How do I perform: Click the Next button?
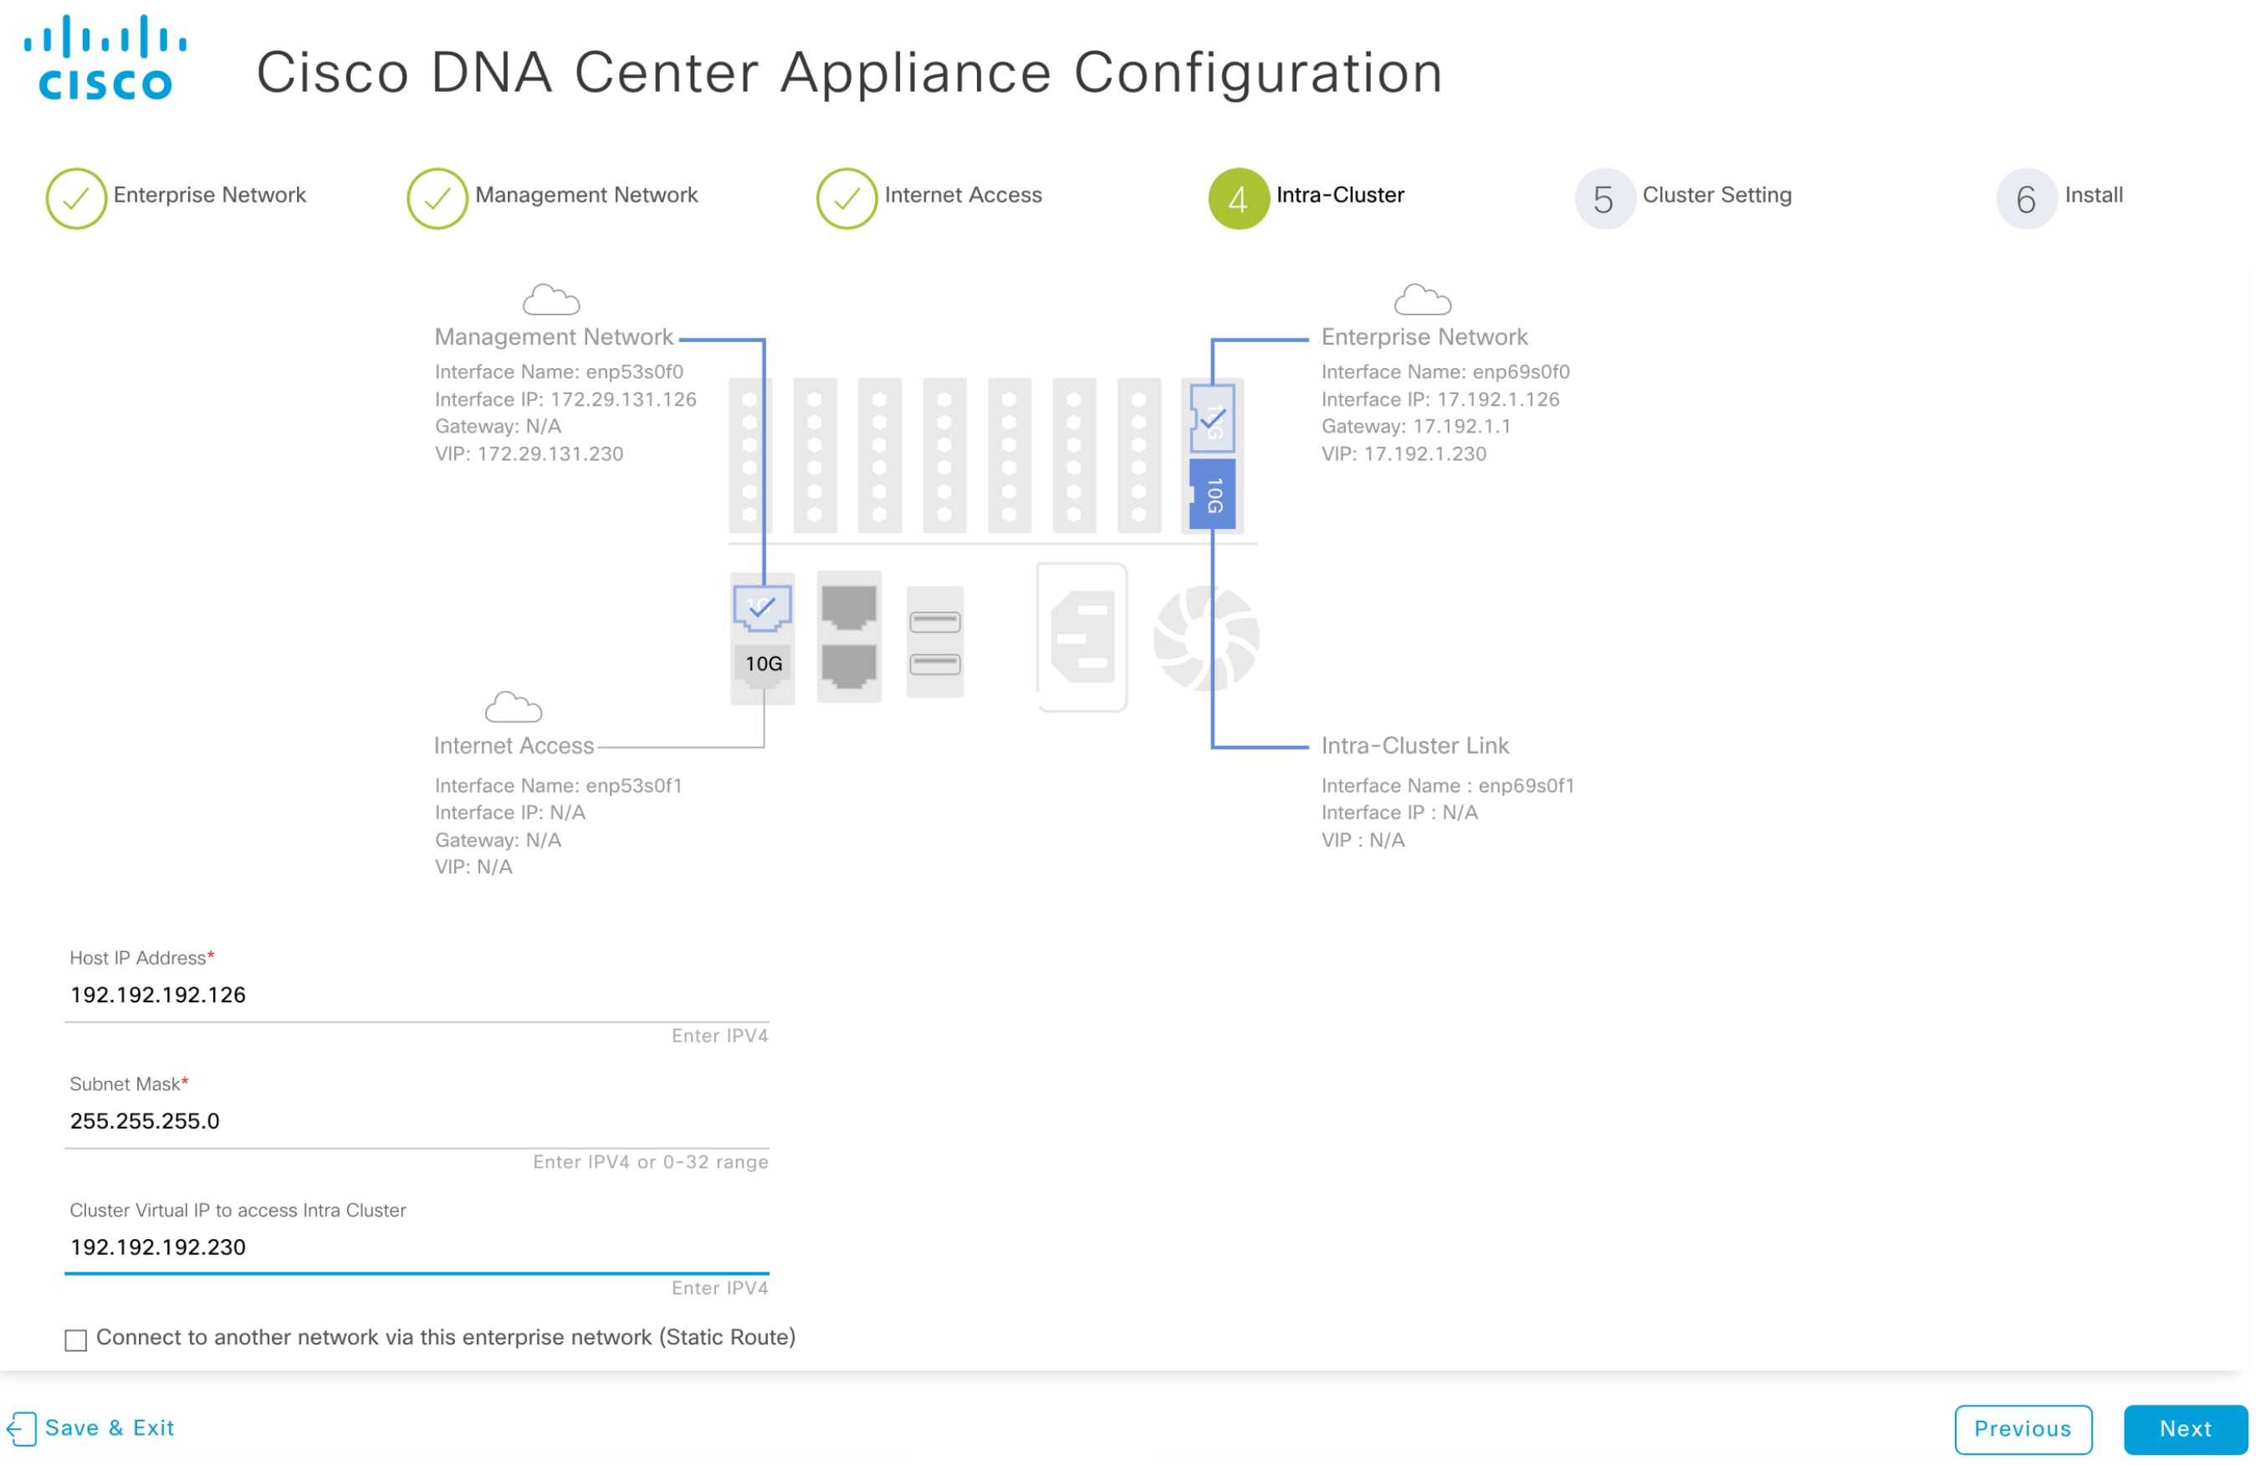(2184, 1428)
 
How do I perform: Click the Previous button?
(2022, 1428)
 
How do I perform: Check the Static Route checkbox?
(76, 1339)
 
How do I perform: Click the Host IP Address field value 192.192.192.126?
(158, 995)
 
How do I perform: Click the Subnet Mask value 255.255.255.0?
(145, 1121)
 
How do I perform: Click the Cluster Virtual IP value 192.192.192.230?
(158, 1247)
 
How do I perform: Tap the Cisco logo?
(105, 58)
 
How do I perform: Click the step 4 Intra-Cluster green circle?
(1238, 199)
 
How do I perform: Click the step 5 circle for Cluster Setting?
(1604, 199)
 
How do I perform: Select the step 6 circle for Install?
(2026, 199)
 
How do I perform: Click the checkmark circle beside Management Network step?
(437, 199)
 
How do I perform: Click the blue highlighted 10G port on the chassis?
(1212, 494)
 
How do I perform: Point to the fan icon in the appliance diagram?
(1205, 638)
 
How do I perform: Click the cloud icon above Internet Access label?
(513, 707)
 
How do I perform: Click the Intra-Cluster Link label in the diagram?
(1414, 745)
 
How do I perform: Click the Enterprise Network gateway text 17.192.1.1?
(1461, 427)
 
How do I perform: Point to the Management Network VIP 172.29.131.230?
(550, 453)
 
